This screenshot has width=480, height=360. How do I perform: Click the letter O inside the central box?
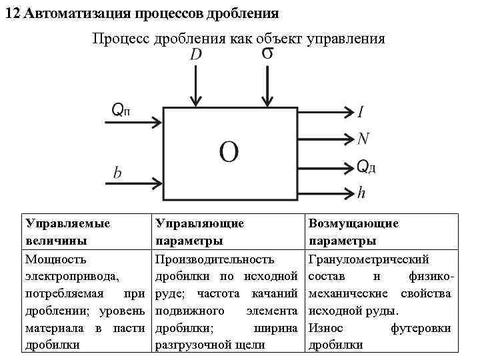[x=228, y=153]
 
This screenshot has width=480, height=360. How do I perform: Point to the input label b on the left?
[x=117, y=173]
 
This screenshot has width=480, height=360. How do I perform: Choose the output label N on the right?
[x=363, y=139]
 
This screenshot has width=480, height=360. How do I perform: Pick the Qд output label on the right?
[x=366, y=166]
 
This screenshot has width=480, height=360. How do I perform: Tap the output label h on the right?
[x=361, y=193]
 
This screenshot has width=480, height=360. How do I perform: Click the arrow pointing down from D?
[x=195, y=87]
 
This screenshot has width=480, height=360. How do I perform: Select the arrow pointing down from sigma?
[x=267, y=87]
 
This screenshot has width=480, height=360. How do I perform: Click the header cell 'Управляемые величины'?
[x=67, y=232]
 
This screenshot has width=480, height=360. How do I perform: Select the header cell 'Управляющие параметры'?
[x=199, y=232]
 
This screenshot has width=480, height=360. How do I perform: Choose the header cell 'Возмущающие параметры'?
[x=353, y=232]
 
